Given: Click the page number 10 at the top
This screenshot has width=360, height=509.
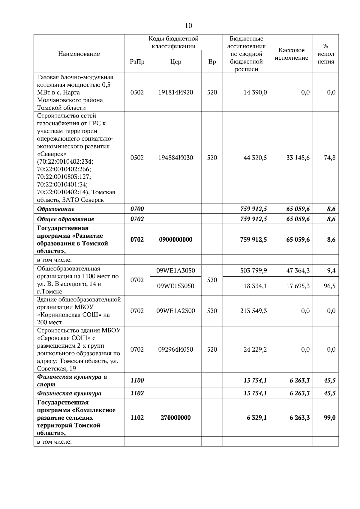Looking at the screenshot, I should [x=188, y=26].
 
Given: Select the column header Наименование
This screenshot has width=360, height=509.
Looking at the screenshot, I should [x=79, y=54].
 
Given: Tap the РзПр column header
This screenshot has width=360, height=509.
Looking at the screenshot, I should [x=137, y=62].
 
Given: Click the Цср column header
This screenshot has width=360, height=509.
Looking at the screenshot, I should [x=175, y=62].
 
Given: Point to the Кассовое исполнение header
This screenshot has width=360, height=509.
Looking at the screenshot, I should [x=291, y=54].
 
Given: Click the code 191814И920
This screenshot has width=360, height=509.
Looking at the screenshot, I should [x=175, y=92].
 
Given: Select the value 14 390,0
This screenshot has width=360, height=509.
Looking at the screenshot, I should [x=255, y=92].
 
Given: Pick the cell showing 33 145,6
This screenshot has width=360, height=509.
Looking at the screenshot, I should [x=298, y=158].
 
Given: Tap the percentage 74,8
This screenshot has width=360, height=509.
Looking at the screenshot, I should [x=330, y=158].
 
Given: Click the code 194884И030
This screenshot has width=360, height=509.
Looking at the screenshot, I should [x=175, y=158].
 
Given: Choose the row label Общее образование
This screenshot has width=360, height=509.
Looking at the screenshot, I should [x=65, y=219].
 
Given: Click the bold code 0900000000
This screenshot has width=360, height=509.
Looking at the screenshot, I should [x=175, y=240].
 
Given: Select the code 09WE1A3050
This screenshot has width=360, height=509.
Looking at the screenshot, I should [x=175, y=271].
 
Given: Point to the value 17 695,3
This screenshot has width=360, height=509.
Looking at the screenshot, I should [x=298, y=286].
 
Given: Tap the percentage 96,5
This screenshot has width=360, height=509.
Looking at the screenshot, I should [x=330, y=286].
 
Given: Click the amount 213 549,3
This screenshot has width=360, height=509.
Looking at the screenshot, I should [x=253, y=311].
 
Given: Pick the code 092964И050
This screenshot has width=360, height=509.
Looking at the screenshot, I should [x=175, y=350].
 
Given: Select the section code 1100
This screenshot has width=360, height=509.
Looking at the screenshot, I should [x=137, y=380].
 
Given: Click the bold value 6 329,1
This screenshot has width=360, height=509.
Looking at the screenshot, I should [x=257, y=418].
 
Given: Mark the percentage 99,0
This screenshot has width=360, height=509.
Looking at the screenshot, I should [x=330, y=418].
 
